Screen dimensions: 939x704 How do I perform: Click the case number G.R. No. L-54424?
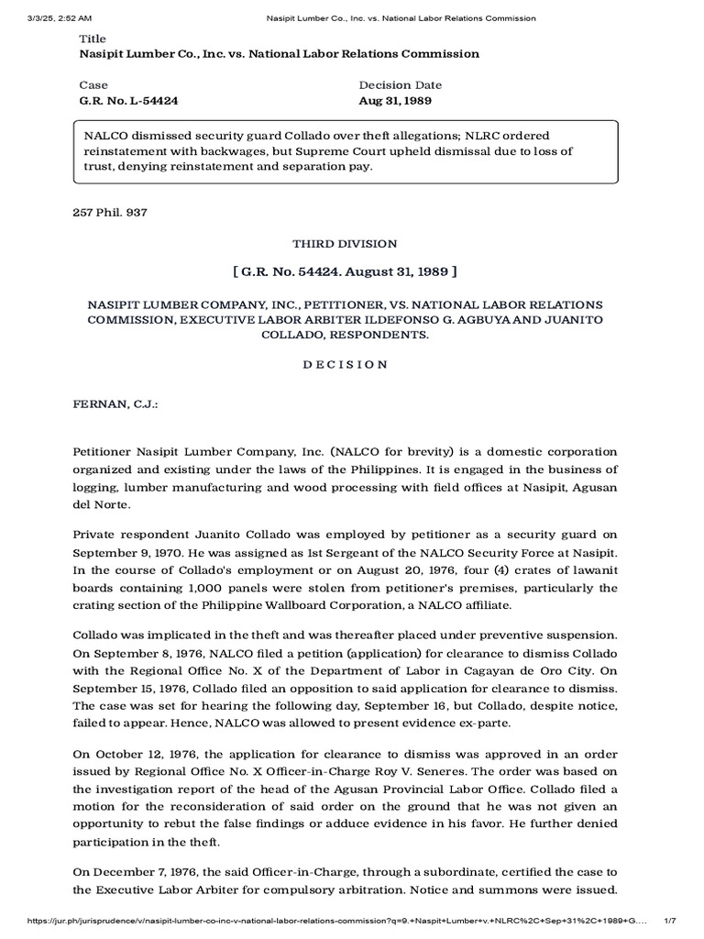coord(126,100)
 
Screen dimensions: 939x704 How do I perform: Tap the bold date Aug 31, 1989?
coord(395,100)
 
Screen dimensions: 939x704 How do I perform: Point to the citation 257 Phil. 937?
coord(109,213)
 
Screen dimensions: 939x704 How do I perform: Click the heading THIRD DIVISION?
coord(345,244)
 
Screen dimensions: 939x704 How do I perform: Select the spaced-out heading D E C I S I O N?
coord(345,364)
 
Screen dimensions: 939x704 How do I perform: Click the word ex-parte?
coord(468,671)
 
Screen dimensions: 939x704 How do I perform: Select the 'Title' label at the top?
coord(93,39)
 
